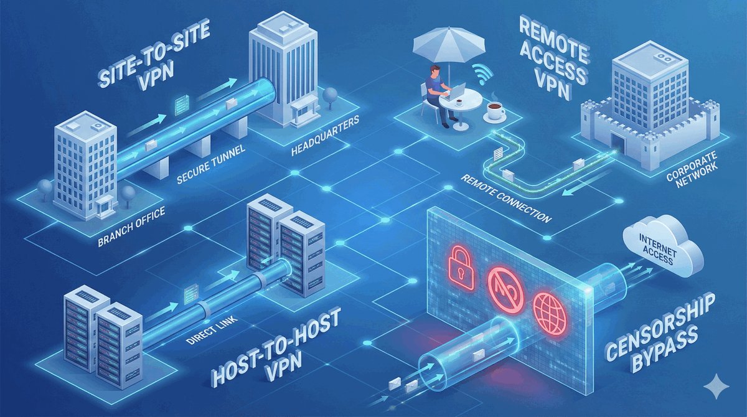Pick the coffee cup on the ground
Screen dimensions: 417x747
[496, 113]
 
